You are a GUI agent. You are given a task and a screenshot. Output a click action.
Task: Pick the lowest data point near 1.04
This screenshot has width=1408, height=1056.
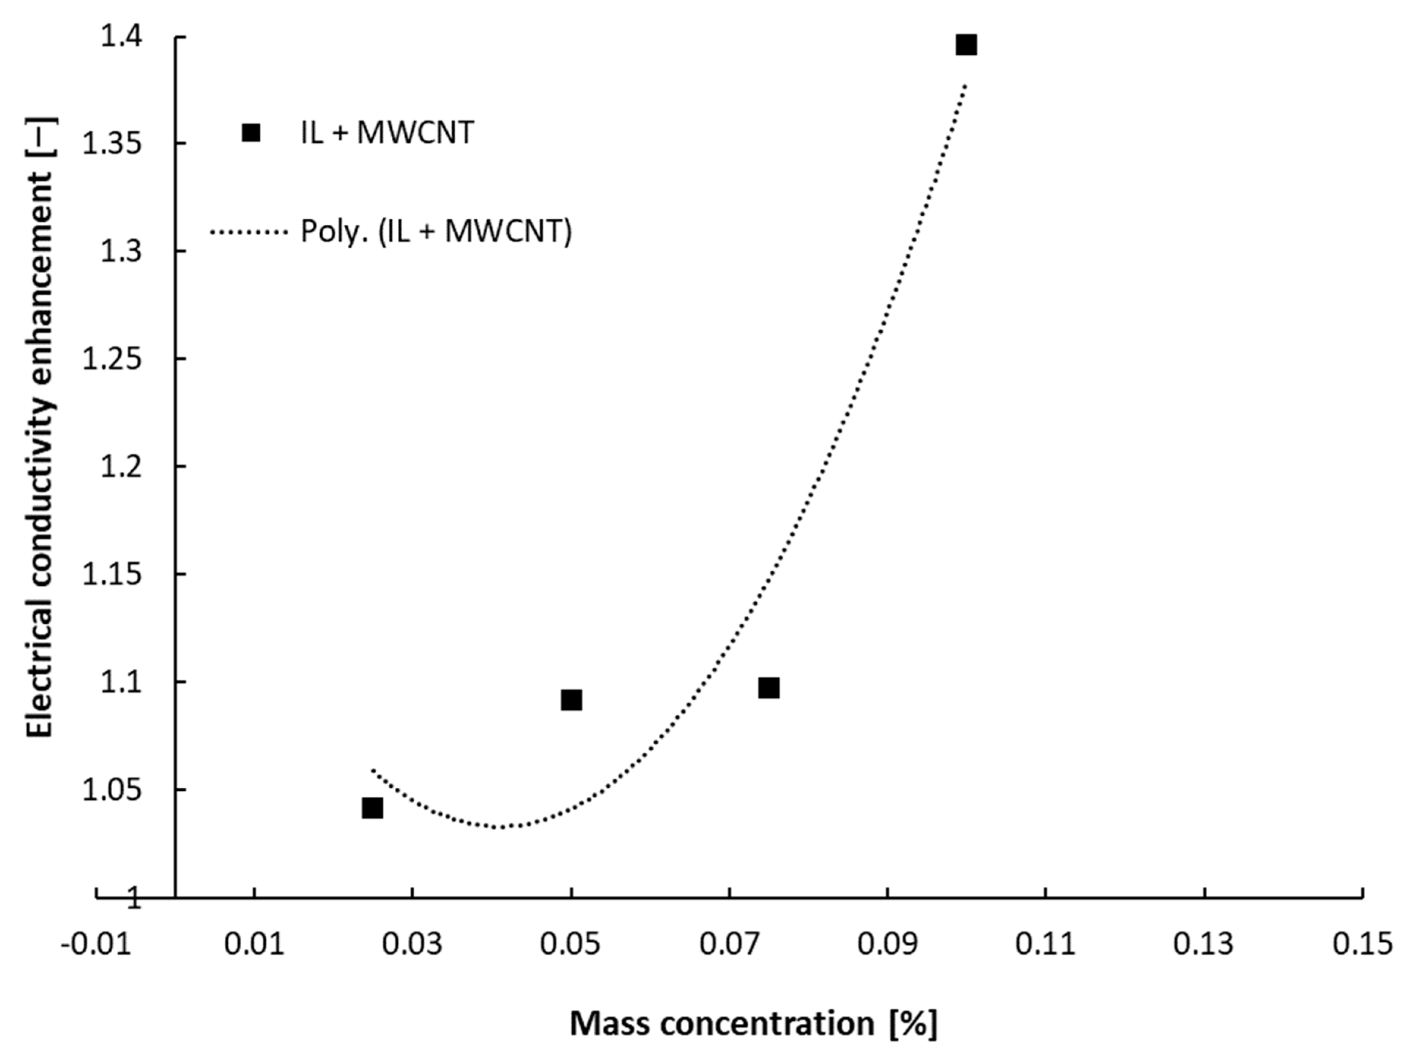point(372,809)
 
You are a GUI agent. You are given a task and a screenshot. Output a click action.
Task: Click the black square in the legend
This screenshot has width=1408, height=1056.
point(251,132)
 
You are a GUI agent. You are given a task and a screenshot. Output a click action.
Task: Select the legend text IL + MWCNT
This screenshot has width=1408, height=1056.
point(387,133)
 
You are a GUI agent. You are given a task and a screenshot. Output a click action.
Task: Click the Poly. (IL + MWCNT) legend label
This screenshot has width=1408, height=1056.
point(436,232)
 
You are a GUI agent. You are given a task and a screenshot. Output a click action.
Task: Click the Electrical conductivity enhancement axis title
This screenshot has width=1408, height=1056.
point(41,427)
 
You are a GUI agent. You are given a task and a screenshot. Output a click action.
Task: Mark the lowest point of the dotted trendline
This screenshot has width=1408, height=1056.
point(503,827)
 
